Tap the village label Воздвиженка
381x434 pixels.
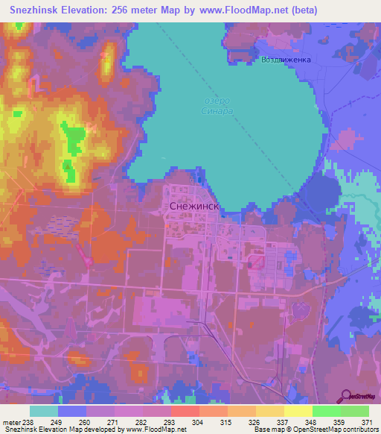(285, 60)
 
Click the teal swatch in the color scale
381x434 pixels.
(44, 411)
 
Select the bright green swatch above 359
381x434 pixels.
(327, 411)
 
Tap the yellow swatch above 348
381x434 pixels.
(298, 411)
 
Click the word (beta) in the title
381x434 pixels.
(303, 10)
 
